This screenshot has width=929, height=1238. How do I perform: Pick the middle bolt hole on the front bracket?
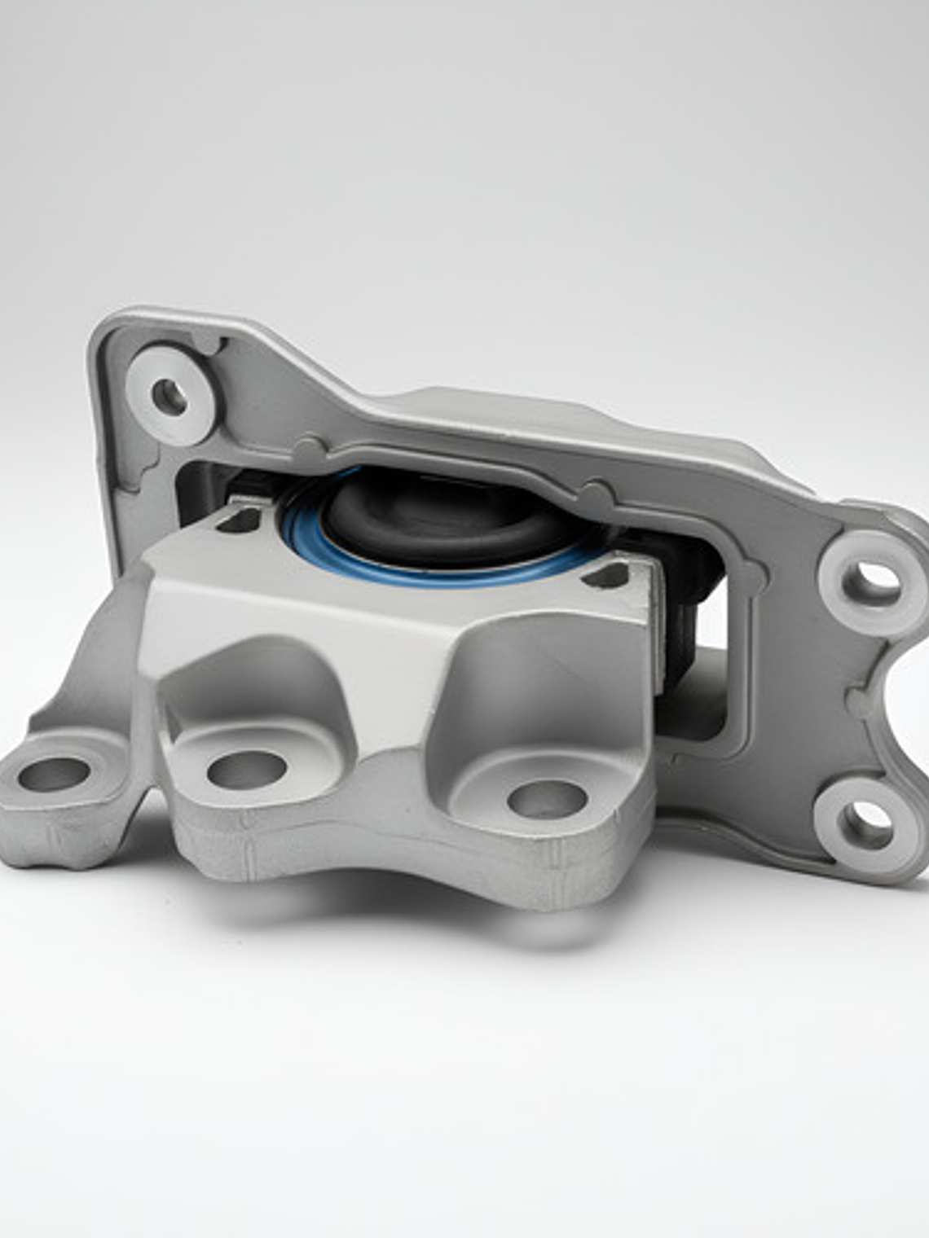tap(245, 768)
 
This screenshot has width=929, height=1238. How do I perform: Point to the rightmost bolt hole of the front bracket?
tap(545, 798)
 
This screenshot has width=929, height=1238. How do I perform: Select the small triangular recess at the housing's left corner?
tap(236, 521)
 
